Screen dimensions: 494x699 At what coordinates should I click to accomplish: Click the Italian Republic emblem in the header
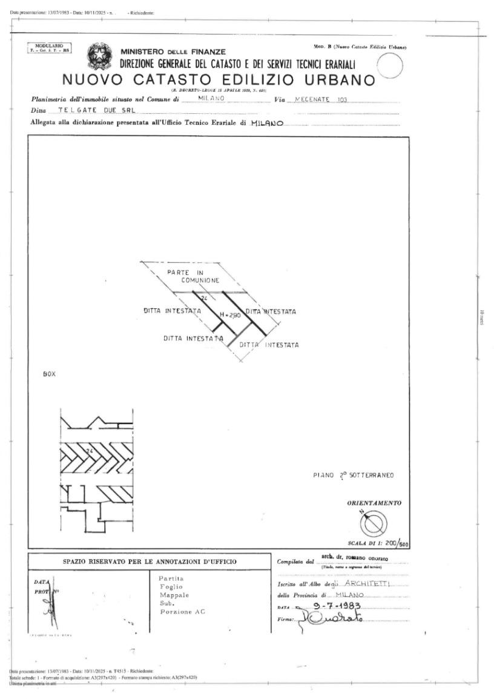99,56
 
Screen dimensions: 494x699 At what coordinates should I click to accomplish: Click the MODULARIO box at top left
50,48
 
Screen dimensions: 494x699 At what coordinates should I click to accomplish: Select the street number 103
342,99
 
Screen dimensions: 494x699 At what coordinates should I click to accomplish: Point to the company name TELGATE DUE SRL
91,111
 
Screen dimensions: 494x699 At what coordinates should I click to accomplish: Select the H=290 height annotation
229,314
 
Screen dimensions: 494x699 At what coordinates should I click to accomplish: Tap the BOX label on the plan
49,374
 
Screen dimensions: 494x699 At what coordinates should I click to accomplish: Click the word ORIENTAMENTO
374,503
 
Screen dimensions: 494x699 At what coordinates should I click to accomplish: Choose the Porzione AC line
183,612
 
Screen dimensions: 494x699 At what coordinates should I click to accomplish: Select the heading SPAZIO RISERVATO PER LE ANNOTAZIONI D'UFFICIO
150,562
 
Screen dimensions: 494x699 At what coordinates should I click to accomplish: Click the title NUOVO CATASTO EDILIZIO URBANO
219,80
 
